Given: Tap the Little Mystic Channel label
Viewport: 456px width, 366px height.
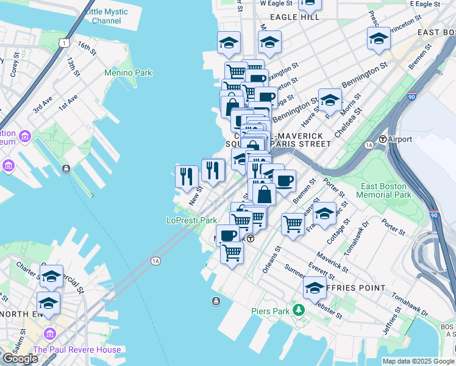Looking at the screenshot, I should pyautogui.click(x=107, y=16).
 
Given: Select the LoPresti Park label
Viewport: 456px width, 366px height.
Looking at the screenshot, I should pyautogui.click(x=192, y=220).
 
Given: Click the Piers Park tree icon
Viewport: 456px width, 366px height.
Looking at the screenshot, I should pyautogui.click(x=299, y=310).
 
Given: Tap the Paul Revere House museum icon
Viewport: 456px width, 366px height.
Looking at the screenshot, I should pyautogui.click(x=49, y=334).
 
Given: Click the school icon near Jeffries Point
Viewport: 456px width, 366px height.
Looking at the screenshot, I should pyautogui.click(x=315, y=288).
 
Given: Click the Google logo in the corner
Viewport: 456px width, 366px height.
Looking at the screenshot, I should pyautogui.click(x=20, y=359).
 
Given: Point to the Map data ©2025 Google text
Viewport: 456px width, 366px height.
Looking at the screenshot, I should pyautogui.click(x=419, y=361).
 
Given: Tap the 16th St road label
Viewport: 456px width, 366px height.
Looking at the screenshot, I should pyautogui.click(x=87, y=49).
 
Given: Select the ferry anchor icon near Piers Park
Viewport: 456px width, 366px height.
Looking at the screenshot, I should pyautogui.click(x=216, y=301).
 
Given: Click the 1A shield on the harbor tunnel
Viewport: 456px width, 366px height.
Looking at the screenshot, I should pyautogui.click(x=156, y=261).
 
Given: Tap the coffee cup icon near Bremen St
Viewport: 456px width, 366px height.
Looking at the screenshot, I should pyautogui.click(x=284, y=180).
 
